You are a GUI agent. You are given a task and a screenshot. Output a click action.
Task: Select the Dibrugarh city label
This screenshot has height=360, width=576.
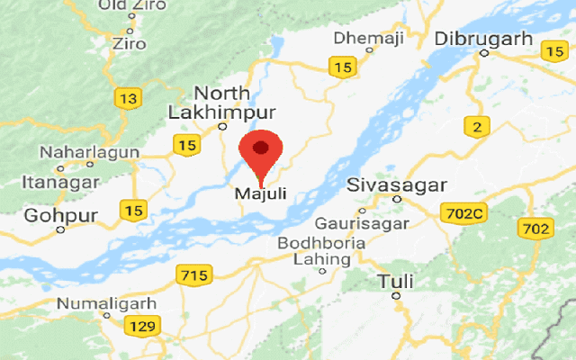point(480,40)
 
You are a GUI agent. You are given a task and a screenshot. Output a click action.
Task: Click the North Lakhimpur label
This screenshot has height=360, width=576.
point(221,103)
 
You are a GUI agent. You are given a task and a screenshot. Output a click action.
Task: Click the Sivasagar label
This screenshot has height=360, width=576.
point(397,185)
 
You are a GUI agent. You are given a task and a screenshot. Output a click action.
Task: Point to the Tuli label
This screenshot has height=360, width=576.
point(396,281)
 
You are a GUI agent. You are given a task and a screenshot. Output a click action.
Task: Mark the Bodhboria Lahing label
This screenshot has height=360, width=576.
point(321,251)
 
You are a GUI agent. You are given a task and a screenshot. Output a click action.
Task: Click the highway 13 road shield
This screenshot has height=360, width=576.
point(128,96)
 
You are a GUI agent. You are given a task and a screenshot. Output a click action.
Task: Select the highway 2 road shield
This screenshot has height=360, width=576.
point(476,127)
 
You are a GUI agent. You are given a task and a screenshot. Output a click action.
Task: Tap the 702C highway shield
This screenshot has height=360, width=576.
point(463,214)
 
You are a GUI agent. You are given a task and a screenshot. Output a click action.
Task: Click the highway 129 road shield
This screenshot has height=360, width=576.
point(142,326)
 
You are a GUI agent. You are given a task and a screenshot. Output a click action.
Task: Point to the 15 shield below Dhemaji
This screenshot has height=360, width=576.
point(341,66)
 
